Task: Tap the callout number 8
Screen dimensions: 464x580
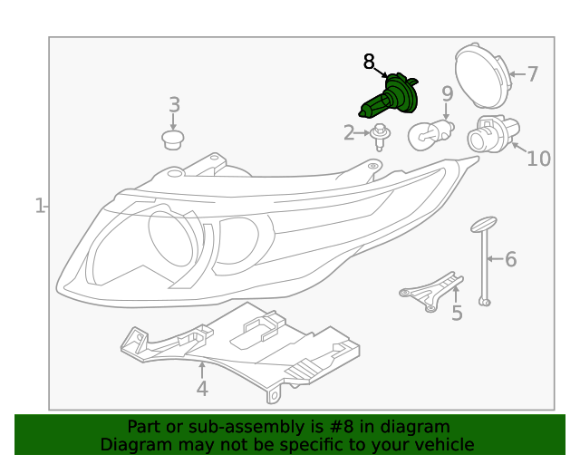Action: (369, 62)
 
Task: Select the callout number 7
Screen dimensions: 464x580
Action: (532, 74)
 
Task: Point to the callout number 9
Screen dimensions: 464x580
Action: (447, 93)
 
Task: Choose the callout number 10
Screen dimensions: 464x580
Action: (538, 159)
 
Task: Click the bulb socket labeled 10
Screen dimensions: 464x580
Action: (488, 135)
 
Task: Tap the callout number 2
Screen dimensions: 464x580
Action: (349, 133)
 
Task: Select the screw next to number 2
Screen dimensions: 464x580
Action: (381, 137)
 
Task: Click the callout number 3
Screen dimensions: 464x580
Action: (175, 105)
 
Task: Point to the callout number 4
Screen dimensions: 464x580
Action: (202, 389)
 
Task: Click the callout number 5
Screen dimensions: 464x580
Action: (457, 314)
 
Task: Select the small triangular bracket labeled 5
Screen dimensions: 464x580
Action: (430, 290)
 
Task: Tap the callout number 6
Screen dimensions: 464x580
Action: (510, 260)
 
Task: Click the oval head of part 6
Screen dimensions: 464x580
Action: (484, 224)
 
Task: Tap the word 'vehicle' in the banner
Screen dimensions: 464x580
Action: (444, 444)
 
